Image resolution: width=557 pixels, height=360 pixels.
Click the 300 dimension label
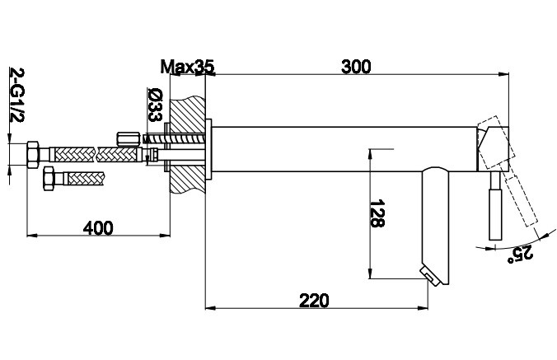click(356, 67)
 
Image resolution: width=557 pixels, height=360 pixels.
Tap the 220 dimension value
click(315, 301)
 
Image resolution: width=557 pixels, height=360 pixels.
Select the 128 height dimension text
click(377, 213)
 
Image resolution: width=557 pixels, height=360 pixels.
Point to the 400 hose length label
click(98, 228)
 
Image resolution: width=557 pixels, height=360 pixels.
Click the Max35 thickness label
click(188, 67)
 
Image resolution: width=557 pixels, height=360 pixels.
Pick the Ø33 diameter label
click(155, 105)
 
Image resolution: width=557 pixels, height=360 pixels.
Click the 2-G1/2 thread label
click(16, 95)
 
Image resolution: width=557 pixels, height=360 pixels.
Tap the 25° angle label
click(520, 254)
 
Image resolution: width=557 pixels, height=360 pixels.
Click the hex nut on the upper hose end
click(33, 155)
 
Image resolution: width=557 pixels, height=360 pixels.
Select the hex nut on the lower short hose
click(49, 179)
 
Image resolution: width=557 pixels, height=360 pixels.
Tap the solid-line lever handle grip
click(495, 214)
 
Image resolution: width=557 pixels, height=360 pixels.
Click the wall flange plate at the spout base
click(208, 149)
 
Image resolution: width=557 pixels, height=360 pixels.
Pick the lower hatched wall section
click(188, 179)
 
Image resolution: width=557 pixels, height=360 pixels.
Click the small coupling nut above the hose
click(128, 139)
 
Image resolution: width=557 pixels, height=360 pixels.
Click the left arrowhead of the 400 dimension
click(32, 235)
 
